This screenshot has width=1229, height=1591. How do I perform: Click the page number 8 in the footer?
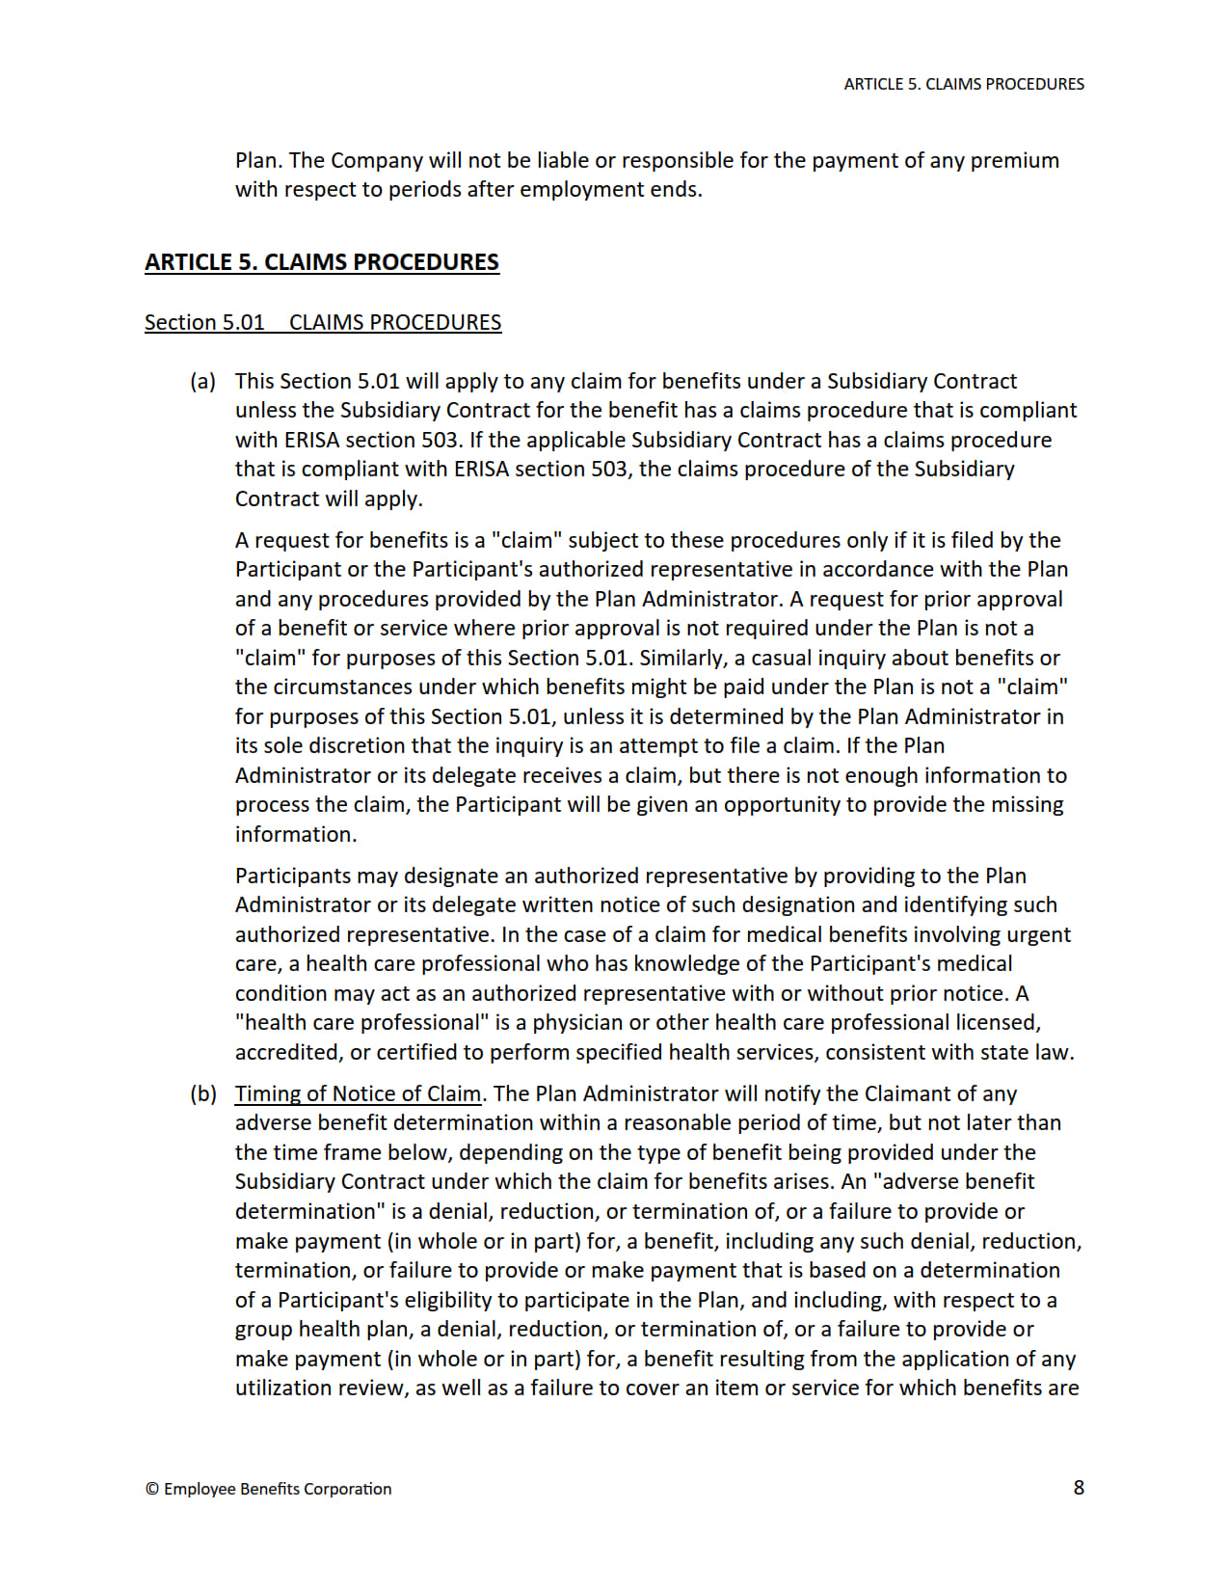pyautogui.click(x=1079, y=1487)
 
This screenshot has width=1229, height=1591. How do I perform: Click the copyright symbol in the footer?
pyautogui.click(x=152, y=1489)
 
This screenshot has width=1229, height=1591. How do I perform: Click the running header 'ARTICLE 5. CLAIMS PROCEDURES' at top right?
pyautogui.click(x=963, y=84)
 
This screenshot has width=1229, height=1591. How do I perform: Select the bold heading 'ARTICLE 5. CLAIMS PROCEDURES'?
pyautogui.click(x=322, y=262)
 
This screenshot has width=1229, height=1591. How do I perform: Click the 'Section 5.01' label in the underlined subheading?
pyautogui.click(x=204, y=322)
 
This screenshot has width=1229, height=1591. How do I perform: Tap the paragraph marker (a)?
pyautogui.click(x=202, y=381)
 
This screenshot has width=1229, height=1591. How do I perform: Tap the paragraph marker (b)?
pyautogui.click(x=202, y=1093)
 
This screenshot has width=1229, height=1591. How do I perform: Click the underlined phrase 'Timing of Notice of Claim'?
pyautogui.click(x=358, y=1093)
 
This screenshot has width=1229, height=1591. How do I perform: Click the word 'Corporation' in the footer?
pyautogui.click(x=347, y=1489)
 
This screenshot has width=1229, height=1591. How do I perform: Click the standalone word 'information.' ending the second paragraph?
pyautogui.click(x=296, y=834)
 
